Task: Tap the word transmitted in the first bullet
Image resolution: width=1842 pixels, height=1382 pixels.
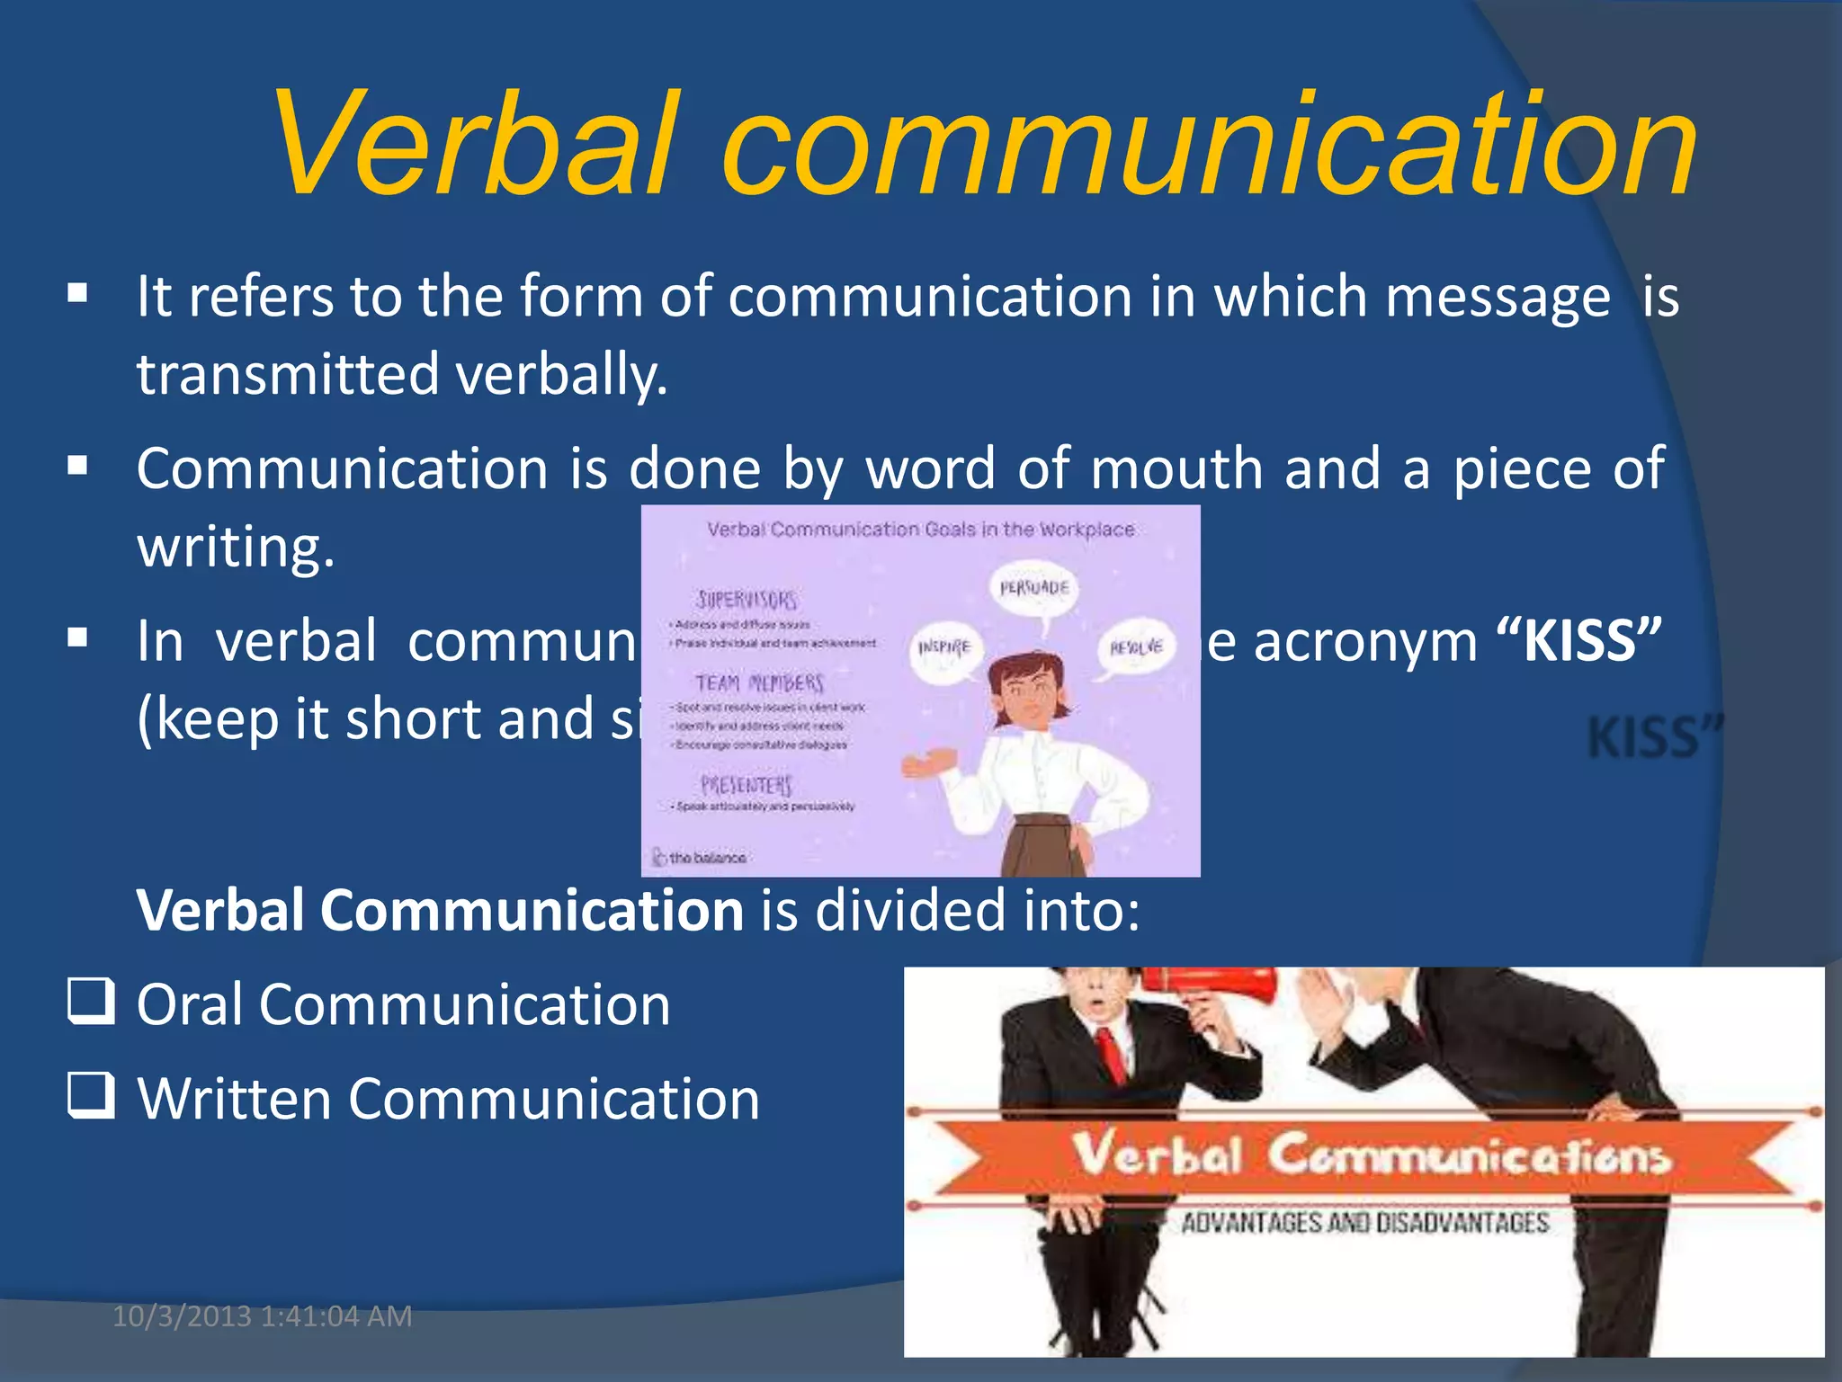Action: [288, 374]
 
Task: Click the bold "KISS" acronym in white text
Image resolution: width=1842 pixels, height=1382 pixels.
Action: [1579, 641]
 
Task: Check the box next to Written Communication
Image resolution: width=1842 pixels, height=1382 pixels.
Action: [91, 1095]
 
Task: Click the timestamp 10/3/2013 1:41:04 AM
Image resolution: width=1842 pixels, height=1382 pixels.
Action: [262, 1316]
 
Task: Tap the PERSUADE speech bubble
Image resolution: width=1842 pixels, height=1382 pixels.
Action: [1034, 589]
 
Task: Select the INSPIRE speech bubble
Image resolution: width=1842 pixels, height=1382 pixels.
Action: [943, 647]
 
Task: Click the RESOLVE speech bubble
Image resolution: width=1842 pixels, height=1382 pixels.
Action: [1136, 647]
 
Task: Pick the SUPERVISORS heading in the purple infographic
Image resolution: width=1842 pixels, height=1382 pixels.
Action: [746, 599]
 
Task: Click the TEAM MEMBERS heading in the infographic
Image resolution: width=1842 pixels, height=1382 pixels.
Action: [759, 683]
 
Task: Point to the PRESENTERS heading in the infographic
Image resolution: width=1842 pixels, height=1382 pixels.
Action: [747, 785]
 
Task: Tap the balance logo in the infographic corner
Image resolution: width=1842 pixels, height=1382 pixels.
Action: [700, 858]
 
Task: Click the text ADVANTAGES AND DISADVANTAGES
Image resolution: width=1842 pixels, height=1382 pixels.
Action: [1364, 1223]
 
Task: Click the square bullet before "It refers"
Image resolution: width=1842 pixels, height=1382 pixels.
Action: [78, 293]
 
